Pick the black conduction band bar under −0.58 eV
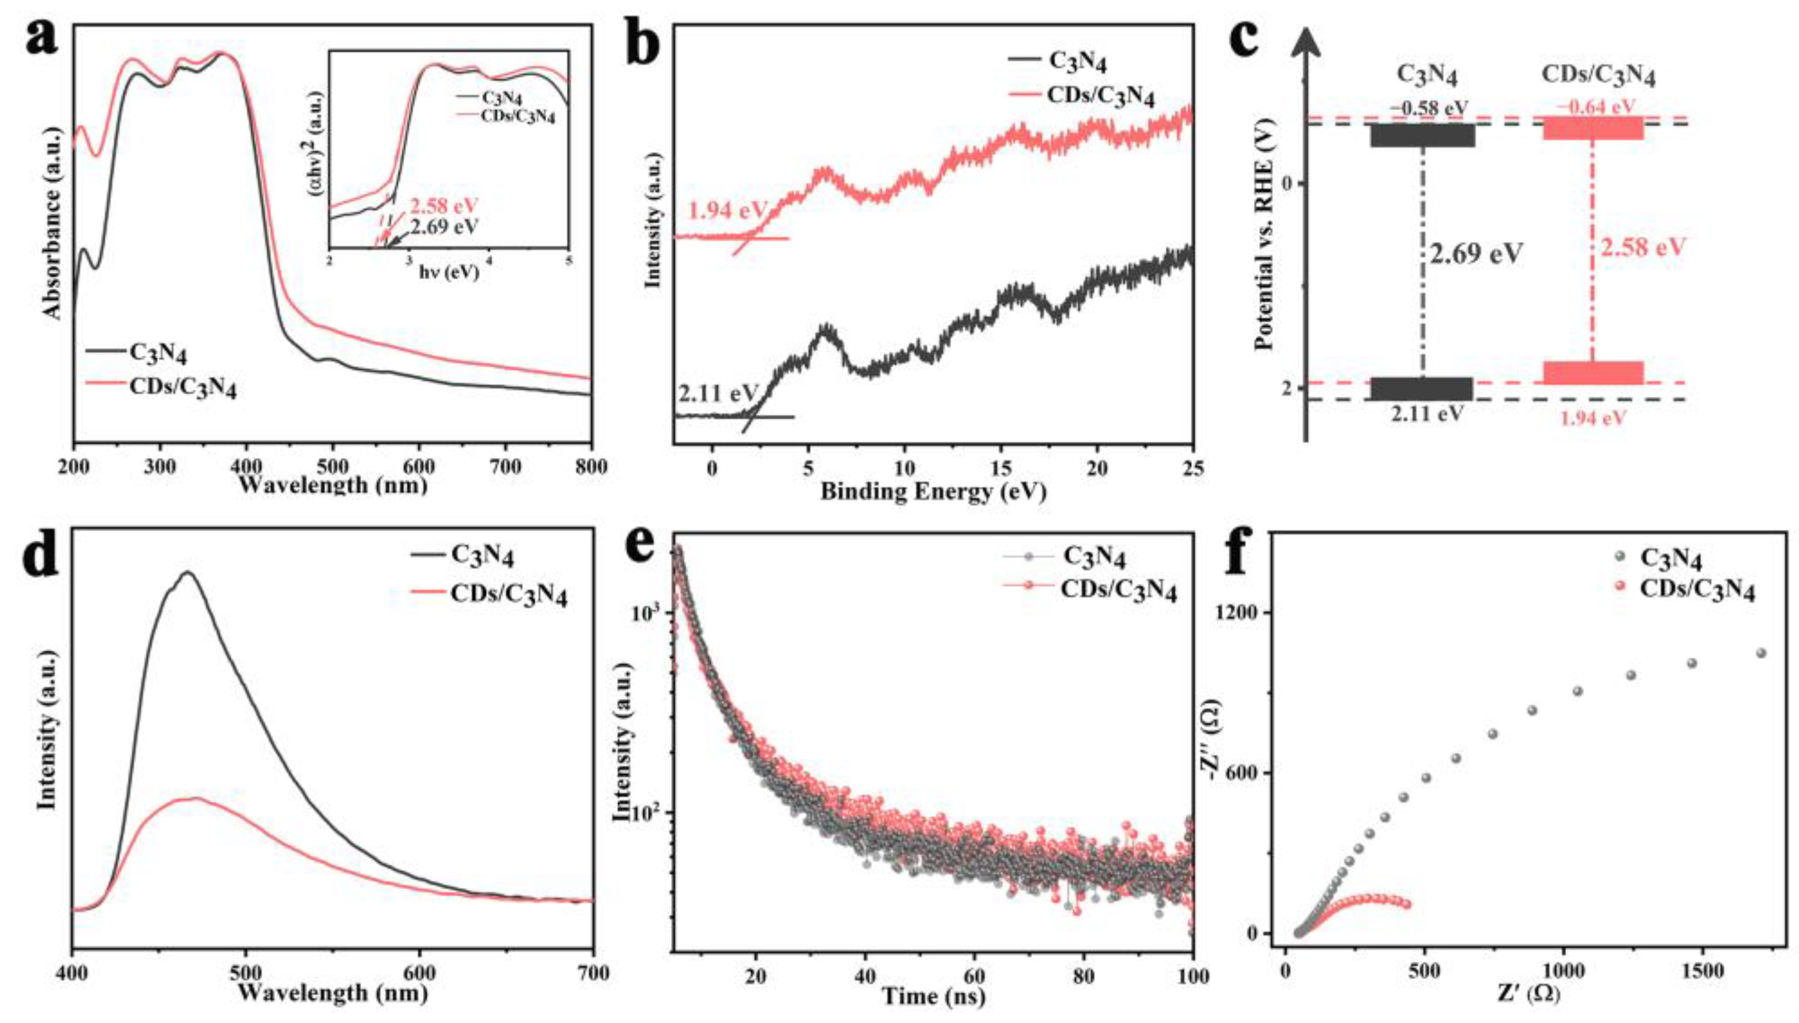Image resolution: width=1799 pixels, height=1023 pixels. tap(1422, 135)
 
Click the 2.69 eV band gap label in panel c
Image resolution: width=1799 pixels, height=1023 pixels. tap(1476, 254)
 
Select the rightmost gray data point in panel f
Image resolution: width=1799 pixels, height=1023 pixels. tap(1759, 653)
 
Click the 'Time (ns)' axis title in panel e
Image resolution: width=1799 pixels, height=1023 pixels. tap(933, 995)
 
